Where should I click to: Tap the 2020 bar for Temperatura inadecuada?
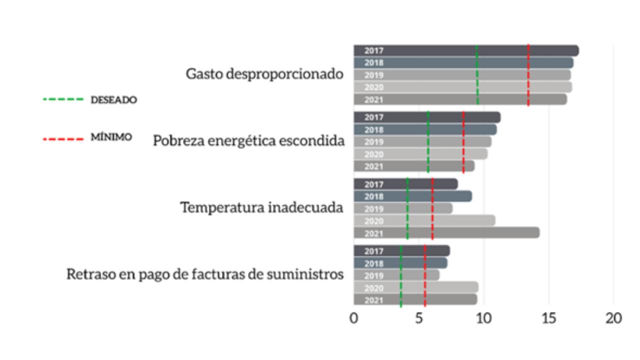(424, 220)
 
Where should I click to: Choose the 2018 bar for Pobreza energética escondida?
(425, 129)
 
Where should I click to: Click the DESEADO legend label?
(113, 100)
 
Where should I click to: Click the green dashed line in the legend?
(63, 99)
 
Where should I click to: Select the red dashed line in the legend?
(63, 138)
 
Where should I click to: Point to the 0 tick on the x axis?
(354, 318)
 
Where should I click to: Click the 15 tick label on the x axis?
(549, 318)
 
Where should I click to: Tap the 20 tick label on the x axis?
(614, 318)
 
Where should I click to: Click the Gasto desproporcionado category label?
(264, 74)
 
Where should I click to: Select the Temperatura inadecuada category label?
(261, 207)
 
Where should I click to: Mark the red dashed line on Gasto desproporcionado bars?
(528, 75)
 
